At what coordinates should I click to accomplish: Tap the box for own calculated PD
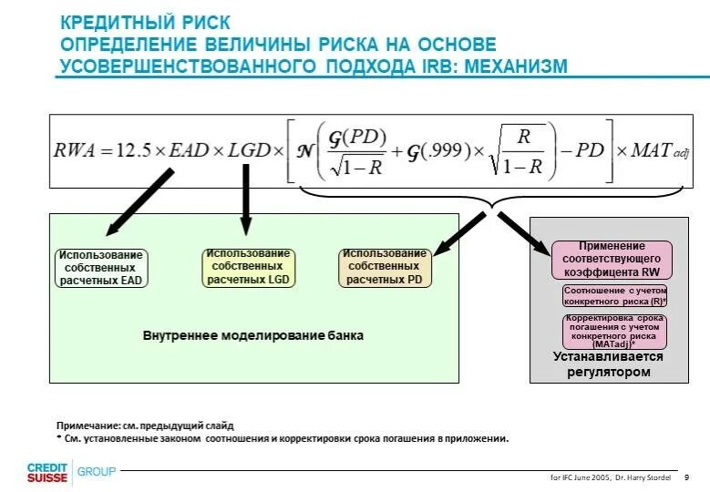[x=385, y=267]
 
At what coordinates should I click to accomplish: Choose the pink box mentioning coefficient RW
[x=611, y=260]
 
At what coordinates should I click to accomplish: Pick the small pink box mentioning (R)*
[x=615, y=295]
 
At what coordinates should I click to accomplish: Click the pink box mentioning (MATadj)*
[x=614, y=332]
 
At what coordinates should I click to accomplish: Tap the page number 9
[x=685, y=477]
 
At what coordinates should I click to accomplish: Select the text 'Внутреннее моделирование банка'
[x=252, y=335]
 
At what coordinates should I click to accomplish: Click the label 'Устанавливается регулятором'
[x=608, y=364]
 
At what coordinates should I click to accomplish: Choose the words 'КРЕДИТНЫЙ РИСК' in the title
[x=145, y=21]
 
